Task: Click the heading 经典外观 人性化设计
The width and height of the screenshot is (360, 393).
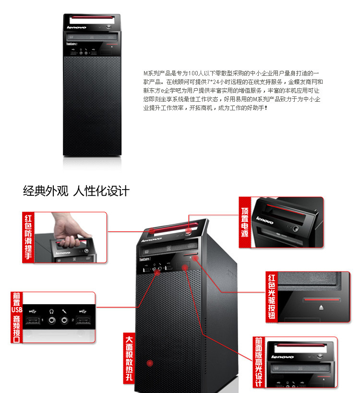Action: click(76, 191)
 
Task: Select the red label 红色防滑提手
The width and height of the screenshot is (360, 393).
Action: click(28, 238)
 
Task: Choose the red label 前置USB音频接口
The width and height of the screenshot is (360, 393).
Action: click(17, 317)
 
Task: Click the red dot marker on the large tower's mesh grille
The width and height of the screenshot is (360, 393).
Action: click(150, 362)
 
